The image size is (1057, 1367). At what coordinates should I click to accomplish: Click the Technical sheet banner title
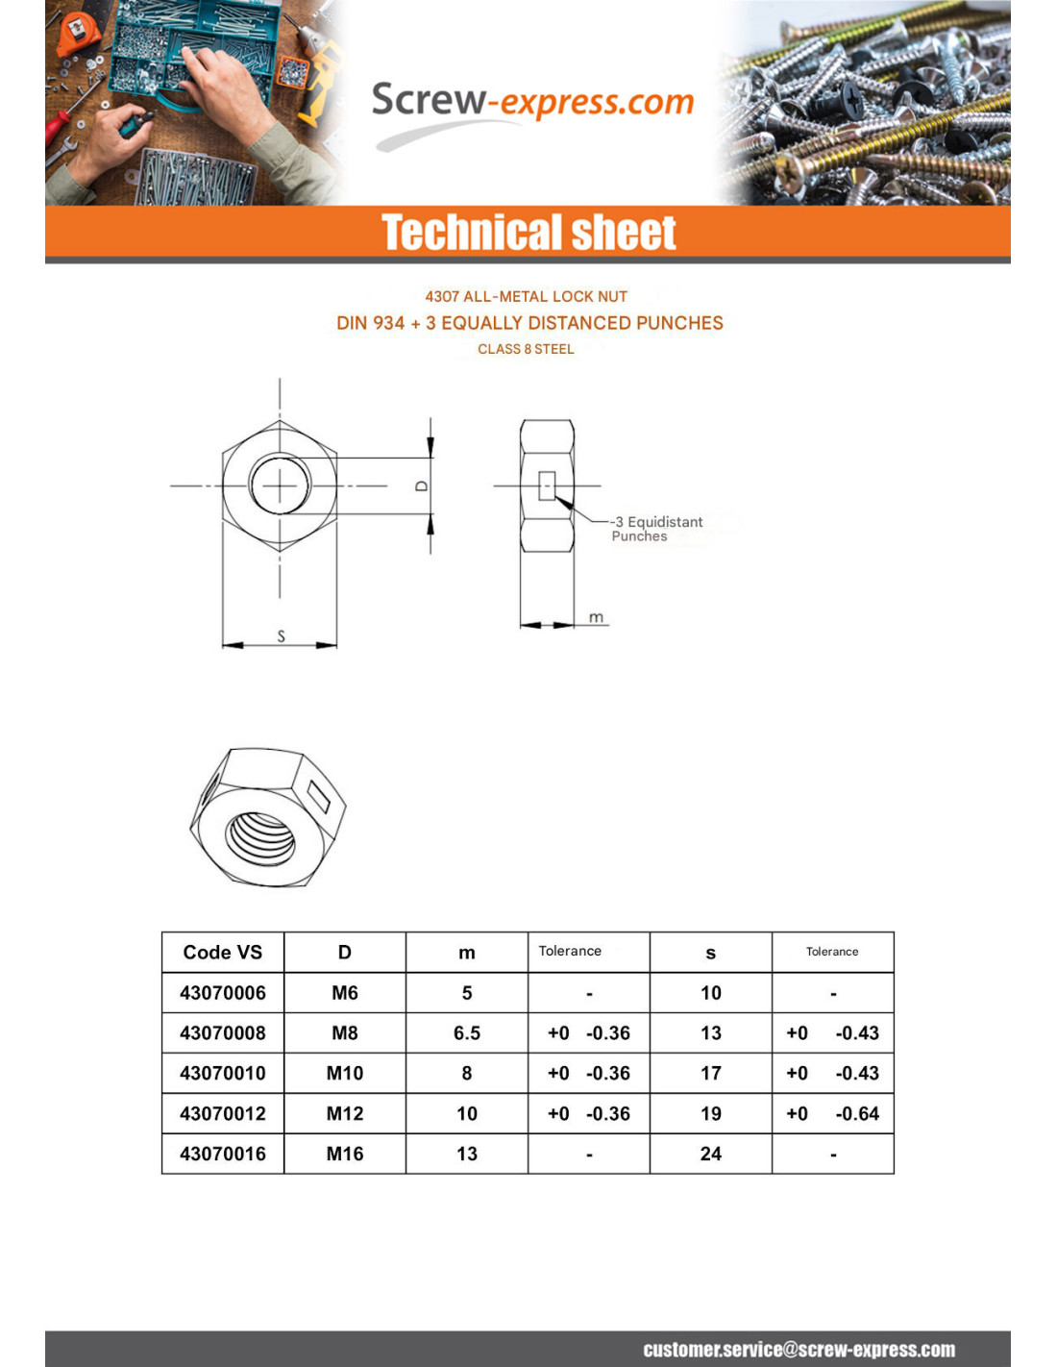pyautogui.click(x=528, y=233)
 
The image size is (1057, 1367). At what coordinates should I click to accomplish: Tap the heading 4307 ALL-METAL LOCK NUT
pyautogui.click(x=526, y=296)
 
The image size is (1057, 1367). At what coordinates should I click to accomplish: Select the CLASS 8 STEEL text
pyautogui.click(x=526, y=349)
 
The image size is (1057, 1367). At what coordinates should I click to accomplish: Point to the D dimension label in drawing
pyautogui.click(x=421, y=486)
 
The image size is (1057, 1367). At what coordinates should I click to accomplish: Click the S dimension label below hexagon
pyautogui.click(x=281, y=635)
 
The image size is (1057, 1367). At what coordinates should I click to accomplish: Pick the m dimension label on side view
pyautogui.click(x=596, y=617)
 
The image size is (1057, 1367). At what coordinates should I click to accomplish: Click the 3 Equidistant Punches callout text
pyautogui.click(x=656, y=529)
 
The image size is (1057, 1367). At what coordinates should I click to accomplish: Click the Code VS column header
pyautogui.click(x=222, y=952)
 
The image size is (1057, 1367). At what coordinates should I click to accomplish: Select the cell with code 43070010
pyautogui.click(x=222, y=1073)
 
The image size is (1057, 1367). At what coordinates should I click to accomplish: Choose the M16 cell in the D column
pyautogui.click(x=344, y=1154)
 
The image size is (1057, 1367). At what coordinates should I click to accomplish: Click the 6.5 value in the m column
pyautogui.click(x=466, y=1032)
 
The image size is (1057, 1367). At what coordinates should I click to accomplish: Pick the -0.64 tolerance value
pyautogui.click(x=857, y=1113)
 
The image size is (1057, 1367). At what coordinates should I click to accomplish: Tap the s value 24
pyautogui.click(x=710, y=1154)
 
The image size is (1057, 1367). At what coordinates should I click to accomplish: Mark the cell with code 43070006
pyautogui.click(x=222, y=992)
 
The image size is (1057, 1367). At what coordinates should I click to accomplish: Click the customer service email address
pyautogui.click(x=799, y=1350)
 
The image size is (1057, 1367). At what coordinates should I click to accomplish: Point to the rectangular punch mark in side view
pyautogui.click(x=547, y=485)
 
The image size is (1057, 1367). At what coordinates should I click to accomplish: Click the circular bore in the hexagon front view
pyautogui.click(x=280, y=485)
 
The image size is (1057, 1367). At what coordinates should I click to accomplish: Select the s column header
pyautogui.click(x=710, y=952)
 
